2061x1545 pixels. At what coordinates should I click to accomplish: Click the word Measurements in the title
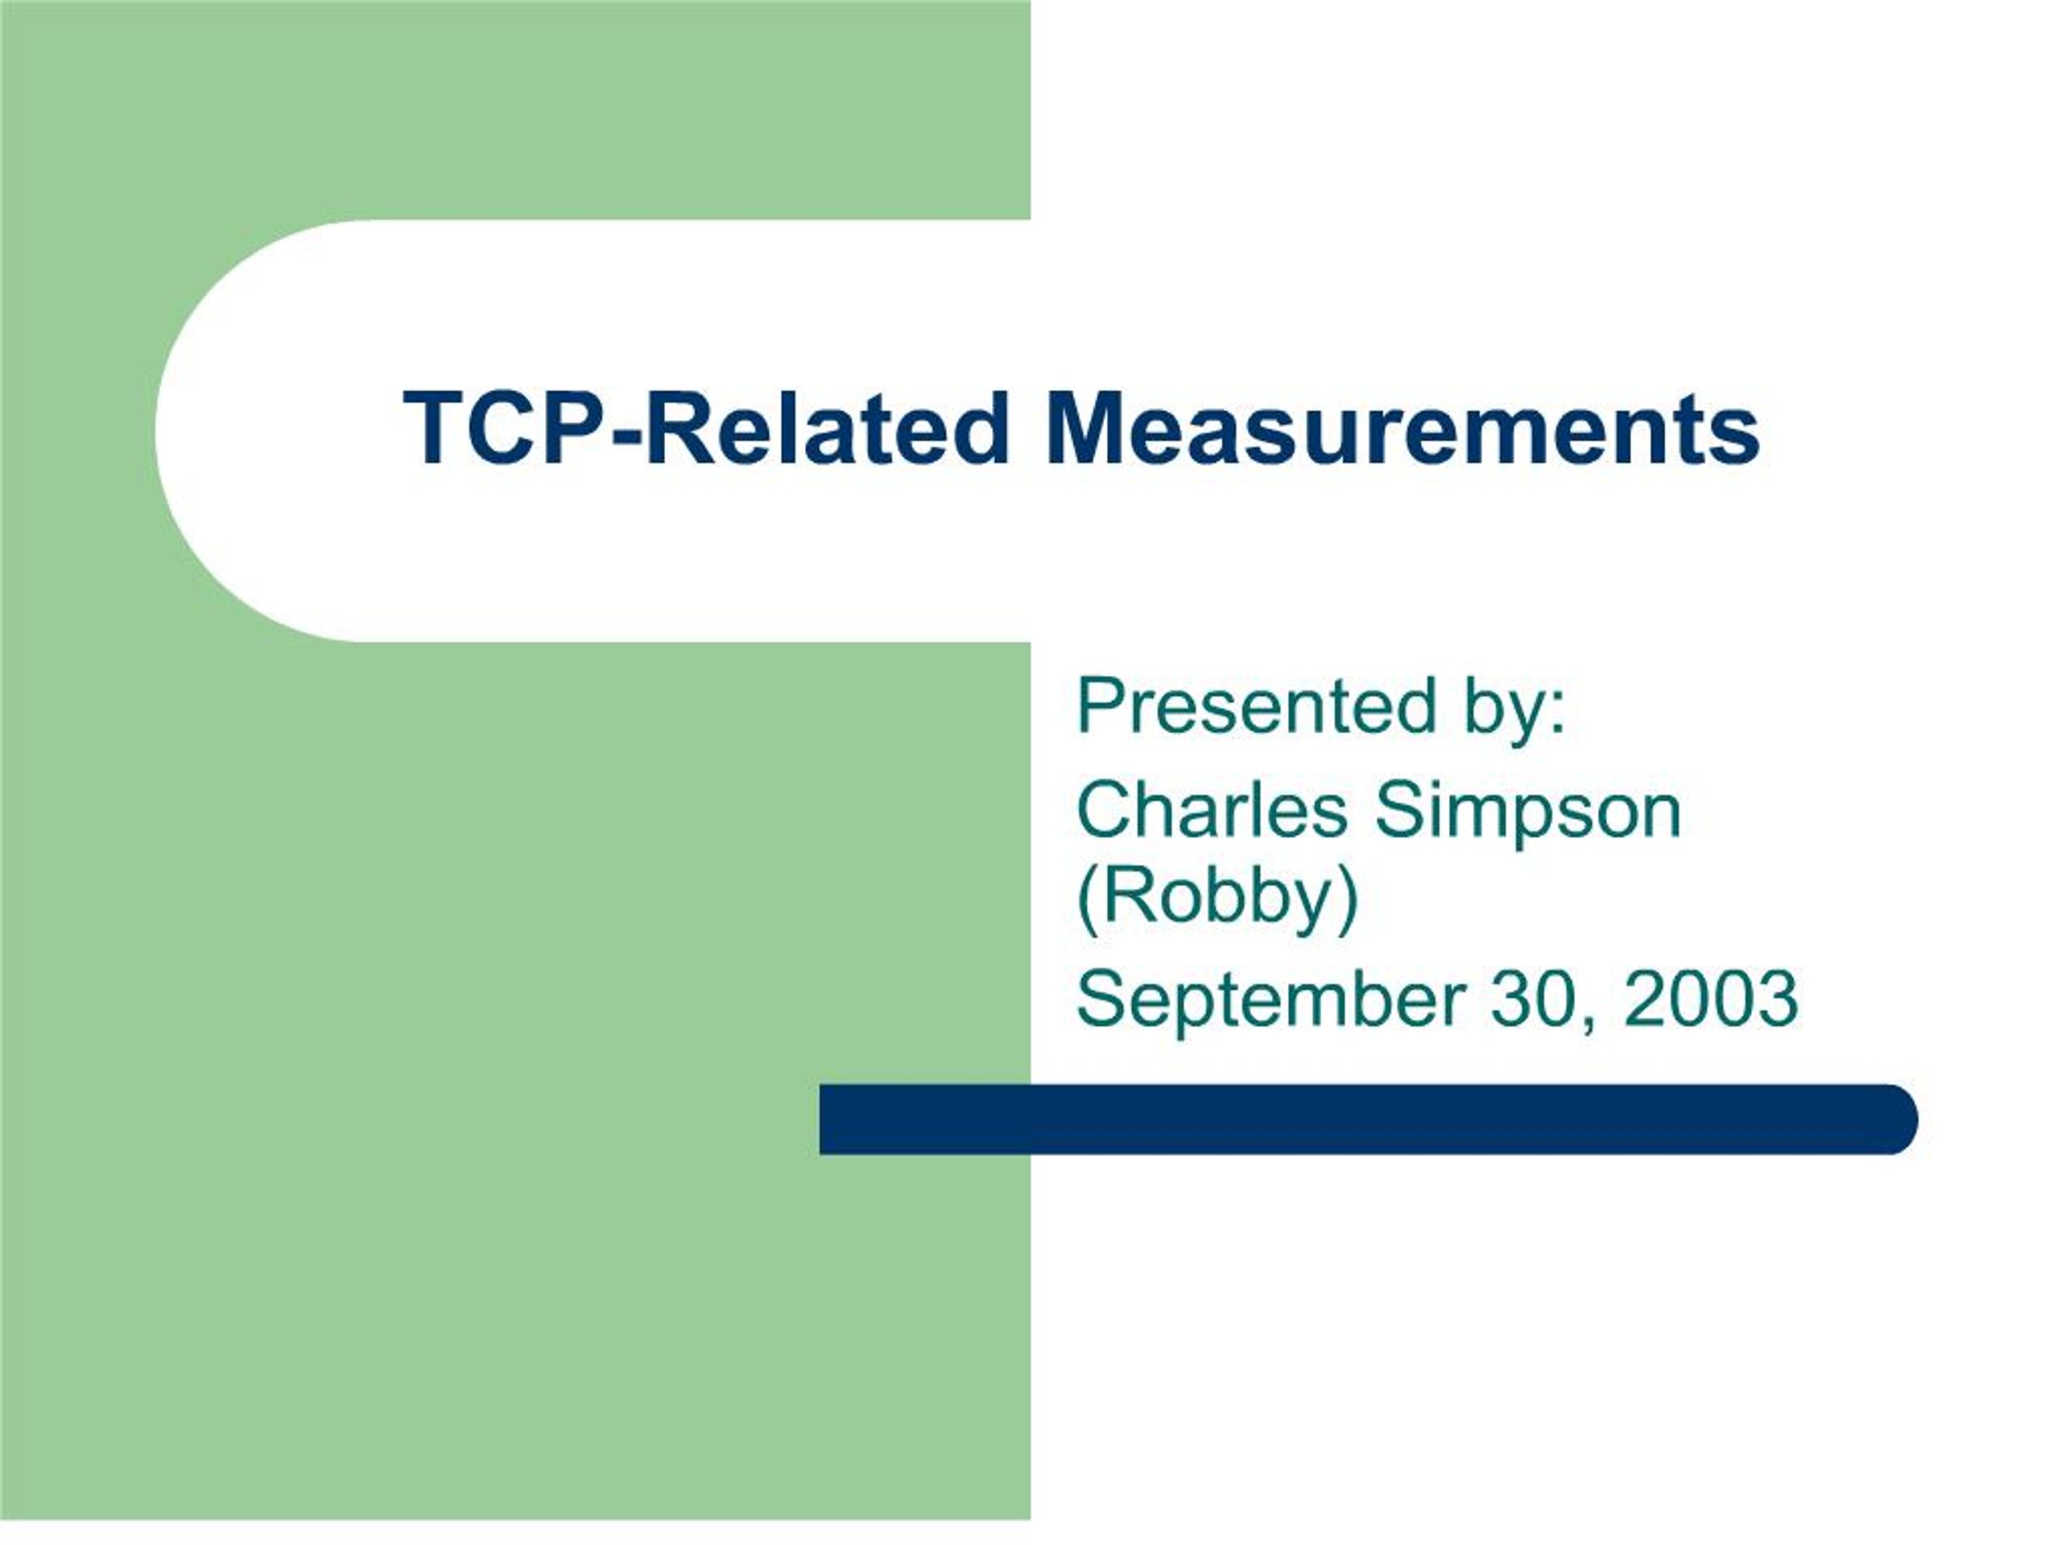1403,430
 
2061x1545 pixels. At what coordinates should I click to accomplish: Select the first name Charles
1212,810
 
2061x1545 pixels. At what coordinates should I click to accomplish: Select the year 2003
1711,997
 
